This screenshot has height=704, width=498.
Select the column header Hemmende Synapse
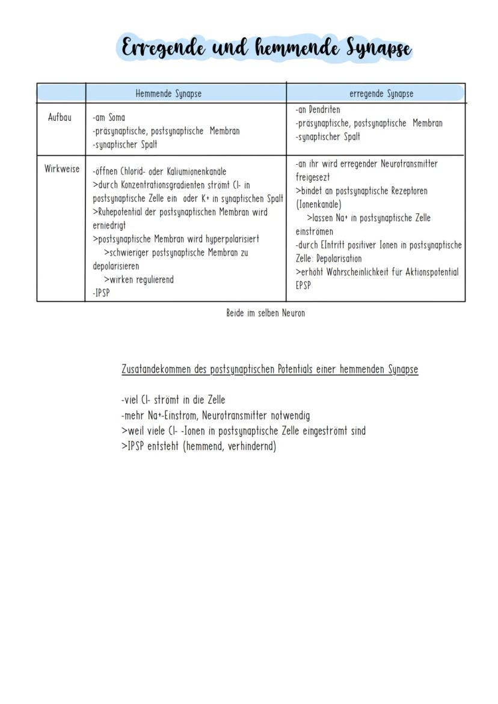[x=168, y=94]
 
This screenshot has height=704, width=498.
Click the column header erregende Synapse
[x=381, y=94]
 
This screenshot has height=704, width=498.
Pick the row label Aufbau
[x=60, y=117]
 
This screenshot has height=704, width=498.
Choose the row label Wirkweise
[x=61, y=169]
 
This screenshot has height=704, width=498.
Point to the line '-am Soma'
[x=109, y=118]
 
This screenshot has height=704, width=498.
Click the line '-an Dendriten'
[x=318, y=110]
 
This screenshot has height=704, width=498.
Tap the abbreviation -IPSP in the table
[x=102, y=293]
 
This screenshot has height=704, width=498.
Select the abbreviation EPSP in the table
[x=304, y=286]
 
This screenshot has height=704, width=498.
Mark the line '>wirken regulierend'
[x=139, y=280]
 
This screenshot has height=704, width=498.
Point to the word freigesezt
[x=313, y=177]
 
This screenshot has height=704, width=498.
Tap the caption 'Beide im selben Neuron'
[x=265, y=313]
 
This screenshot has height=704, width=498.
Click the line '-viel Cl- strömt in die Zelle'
[x=173, y=400]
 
